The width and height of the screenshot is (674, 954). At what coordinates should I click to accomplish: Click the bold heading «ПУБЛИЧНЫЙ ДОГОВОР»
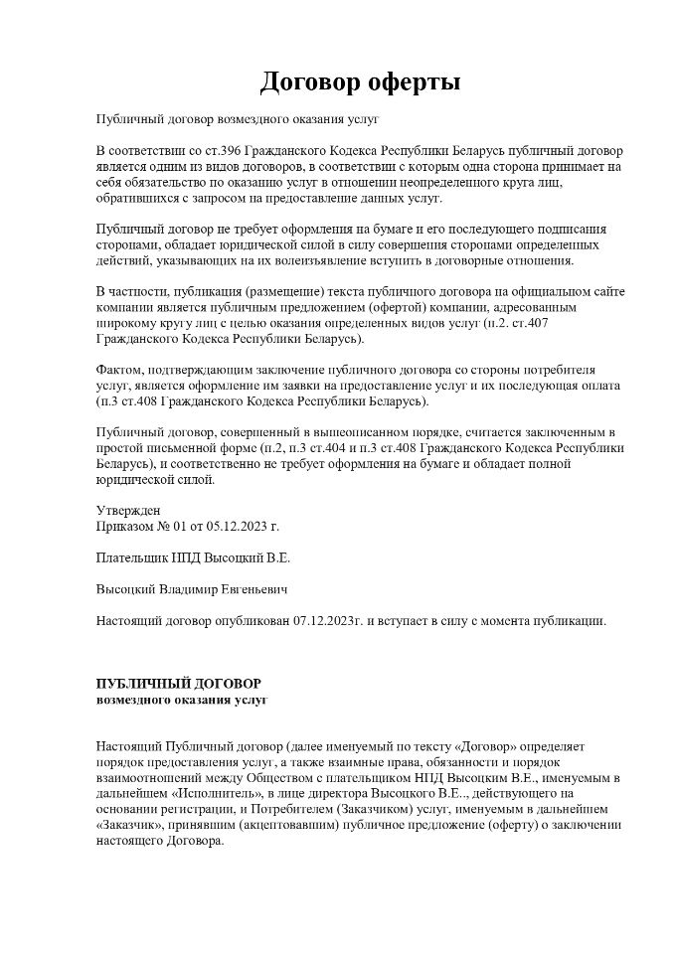pyautogui.click(x=178, y=684)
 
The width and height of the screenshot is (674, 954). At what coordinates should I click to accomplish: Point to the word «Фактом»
pyautogui.click(x=120, y=371)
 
